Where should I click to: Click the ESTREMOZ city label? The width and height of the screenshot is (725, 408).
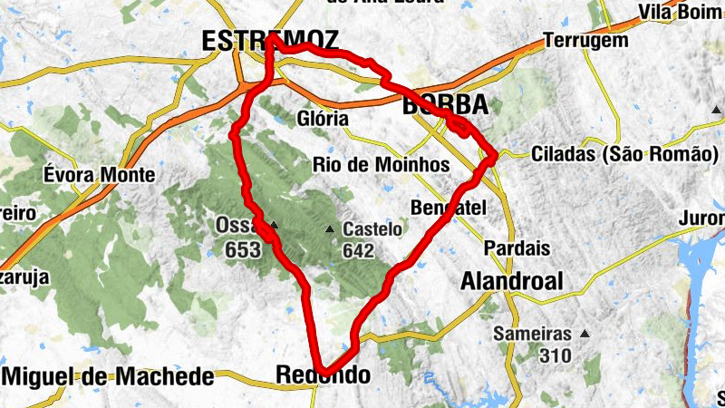(x=270, y=41)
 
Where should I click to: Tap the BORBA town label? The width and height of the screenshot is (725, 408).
(x=444, y=104)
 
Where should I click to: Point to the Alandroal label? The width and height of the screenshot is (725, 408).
(x=512, y=281)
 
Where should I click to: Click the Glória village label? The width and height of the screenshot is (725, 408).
(x=322, y=119)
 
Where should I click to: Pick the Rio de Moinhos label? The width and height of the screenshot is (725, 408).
(x=381, y=165)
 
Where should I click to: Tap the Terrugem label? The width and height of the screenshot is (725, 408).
(x=585, y=41)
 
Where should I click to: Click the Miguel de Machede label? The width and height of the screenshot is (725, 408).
(x=109, y=376)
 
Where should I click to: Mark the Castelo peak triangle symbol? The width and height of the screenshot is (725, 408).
(x=331, y=230)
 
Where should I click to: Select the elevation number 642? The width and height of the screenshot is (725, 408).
(x=359, y=251)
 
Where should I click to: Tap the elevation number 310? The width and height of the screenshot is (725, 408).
(x=555, y=355)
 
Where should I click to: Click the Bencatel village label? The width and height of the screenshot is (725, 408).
(x=449, y=208)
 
